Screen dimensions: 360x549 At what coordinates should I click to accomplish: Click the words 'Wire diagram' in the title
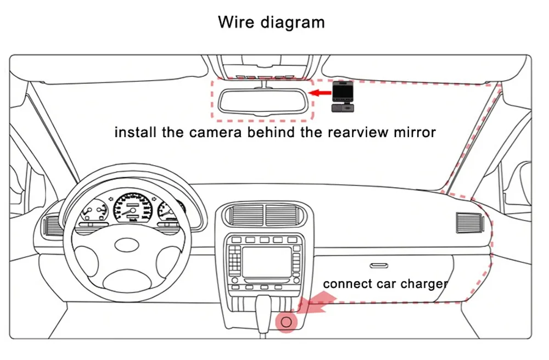pyautogui.click(x=271, y=22)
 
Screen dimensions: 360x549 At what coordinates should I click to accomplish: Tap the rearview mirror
pyautogui.click(x=260, y=100)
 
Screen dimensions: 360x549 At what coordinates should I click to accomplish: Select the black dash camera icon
pyautogui.click(x=341, y=97)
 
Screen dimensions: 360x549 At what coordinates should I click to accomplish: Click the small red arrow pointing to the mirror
pyautogui.click(x=318, y=93)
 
